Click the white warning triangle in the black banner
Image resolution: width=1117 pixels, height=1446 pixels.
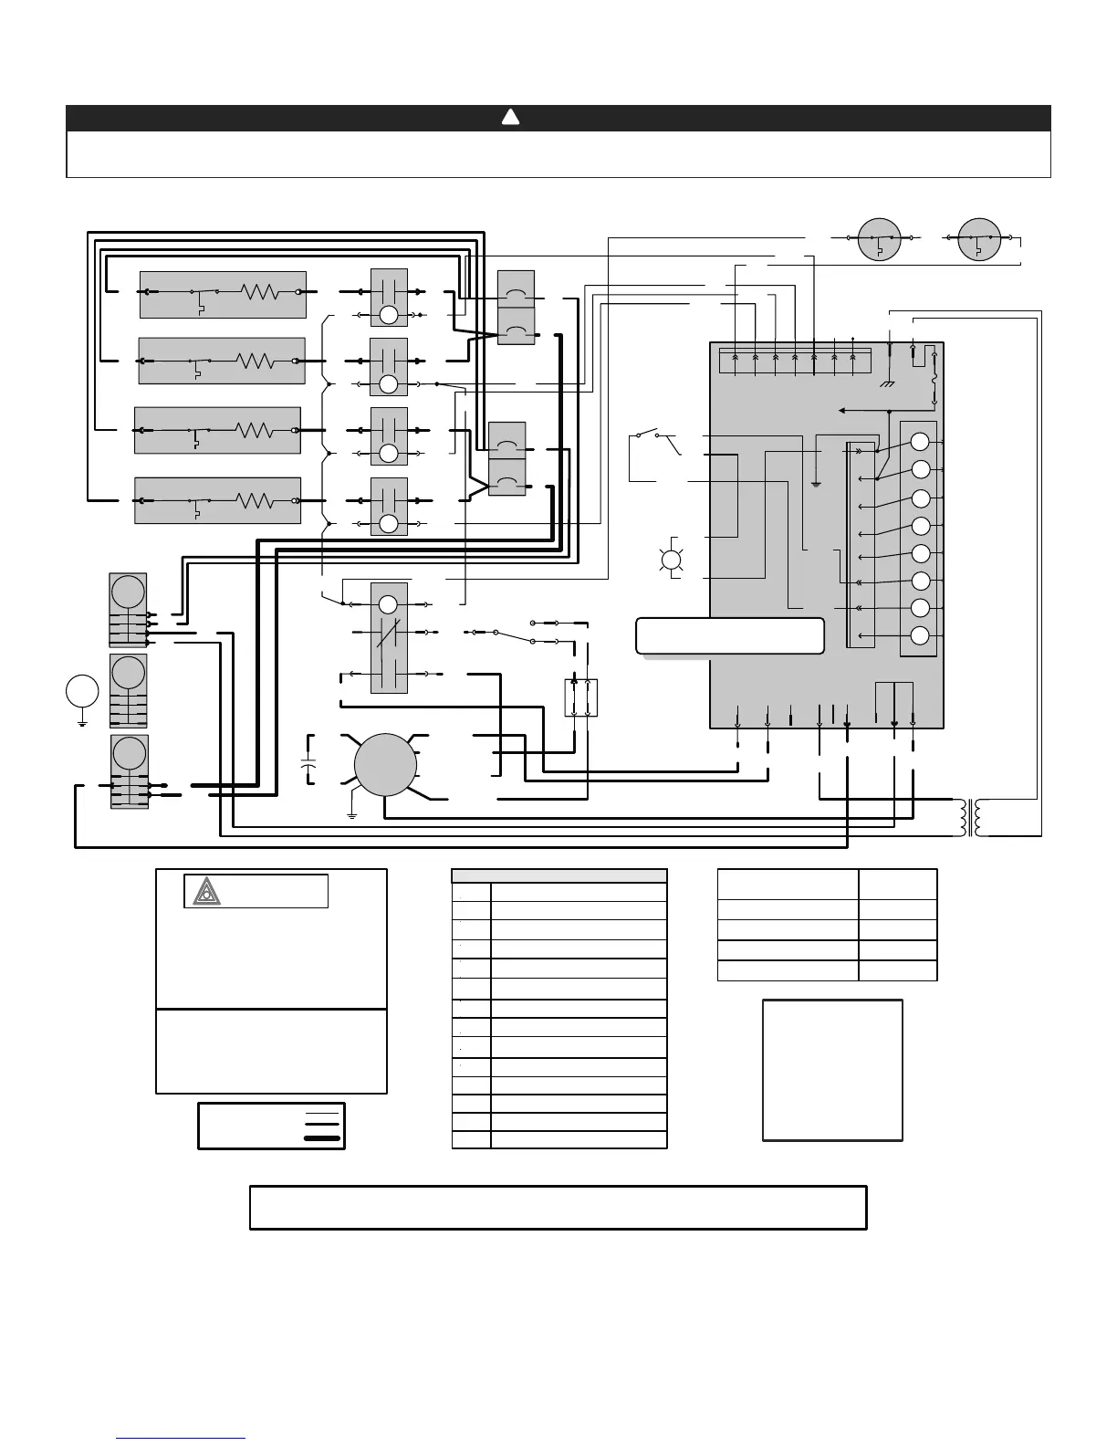coord(510,117)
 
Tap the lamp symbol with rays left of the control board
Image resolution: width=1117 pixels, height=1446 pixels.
coord(673,560)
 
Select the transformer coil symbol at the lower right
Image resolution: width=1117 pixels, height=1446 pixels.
coord(970,817)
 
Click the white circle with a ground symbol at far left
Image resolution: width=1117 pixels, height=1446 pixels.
coord(82,690)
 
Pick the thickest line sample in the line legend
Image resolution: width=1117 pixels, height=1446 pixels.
coord(321,1138)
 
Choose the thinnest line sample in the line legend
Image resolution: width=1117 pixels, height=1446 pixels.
coord(321,1114)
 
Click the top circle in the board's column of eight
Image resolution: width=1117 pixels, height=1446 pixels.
coord(920,441)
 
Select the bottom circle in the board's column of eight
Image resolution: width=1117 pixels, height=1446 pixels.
coord(920,635)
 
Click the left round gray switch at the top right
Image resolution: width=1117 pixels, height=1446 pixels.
coord(880,237)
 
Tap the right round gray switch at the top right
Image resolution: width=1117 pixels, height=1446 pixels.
coord(980,237)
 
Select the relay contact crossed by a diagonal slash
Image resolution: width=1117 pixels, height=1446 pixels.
coord(389,632)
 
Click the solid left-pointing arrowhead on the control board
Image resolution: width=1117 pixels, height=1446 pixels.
coord(842,411)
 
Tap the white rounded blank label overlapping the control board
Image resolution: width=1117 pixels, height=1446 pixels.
coord(730,635)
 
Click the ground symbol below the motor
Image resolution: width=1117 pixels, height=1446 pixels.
coord(352,813)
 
